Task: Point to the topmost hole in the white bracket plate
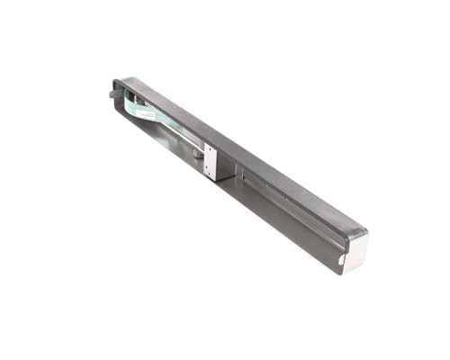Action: click(211, 150)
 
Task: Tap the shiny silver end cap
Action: click(354, 250)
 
